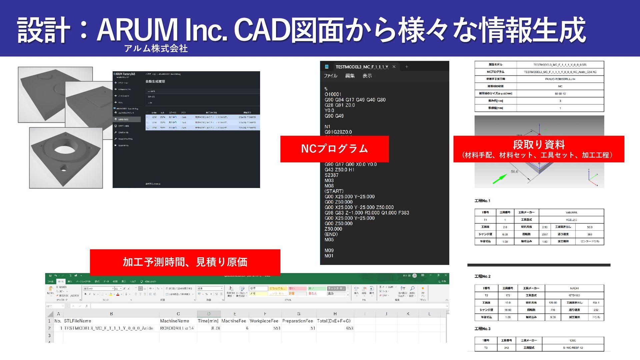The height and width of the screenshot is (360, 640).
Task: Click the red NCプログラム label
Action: click(334, 149)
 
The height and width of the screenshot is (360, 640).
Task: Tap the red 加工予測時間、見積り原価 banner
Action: click(185, 262)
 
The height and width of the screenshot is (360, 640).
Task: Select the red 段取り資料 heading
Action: click(539, 145)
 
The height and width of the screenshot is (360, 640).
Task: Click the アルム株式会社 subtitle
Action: click(156, 49)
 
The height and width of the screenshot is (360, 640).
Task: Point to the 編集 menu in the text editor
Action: click(350, 76)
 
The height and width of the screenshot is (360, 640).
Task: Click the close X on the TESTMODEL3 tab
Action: click(394, 67)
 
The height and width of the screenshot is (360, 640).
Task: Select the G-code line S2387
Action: click(331, 175)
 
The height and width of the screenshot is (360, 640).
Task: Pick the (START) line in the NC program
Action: click(334, 191)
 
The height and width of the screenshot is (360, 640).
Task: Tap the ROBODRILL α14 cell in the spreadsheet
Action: click(177, 328)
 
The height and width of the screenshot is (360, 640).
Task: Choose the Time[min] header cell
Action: click(208, 321)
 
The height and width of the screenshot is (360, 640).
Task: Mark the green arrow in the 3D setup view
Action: click(499, 179)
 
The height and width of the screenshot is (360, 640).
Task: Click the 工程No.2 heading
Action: click(482, 276)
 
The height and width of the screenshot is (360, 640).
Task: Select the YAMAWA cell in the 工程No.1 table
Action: click(571, 212)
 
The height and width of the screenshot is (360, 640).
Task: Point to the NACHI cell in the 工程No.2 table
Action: click(574, 288)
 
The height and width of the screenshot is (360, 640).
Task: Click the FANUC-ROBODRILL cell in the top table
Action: click(560, 79)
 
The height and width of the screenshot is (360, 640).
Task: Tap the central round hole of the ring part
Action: click(64, 149)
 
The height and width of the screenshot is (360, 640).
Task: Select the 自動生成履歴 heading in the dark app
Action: click(155, 82)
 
